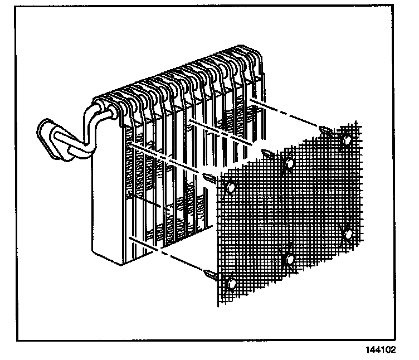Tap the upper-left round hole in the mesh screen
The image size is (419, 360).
230,187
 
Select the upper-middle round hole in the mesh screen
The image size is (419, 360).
289,163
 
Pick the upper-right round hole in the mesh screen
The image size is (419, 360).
347,139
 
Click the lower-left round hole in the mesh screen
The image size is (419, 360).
232,284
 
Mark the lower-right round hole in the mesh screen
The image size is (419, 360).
348,234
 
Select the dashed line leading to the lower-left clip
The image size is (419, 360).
167,254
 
